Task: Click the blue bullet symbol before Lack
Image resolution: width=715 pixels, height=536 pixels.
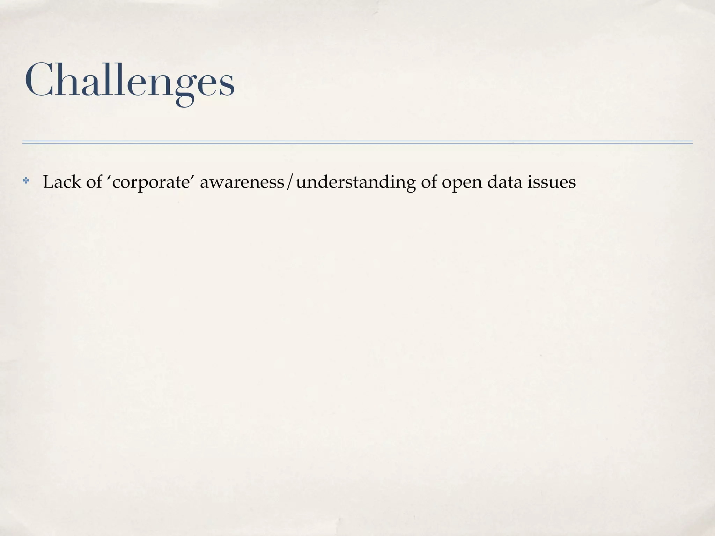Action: click(x=26, y=181)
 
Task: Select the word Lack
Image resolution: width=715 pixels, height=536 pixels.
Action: click(x=61, y=182)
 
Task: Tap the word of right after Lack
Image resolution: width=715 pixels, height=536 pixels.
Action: click(x=94, y=182)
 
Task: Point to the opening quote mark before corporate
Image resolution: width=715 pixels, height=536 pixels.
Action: click(x=110, y=177)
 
